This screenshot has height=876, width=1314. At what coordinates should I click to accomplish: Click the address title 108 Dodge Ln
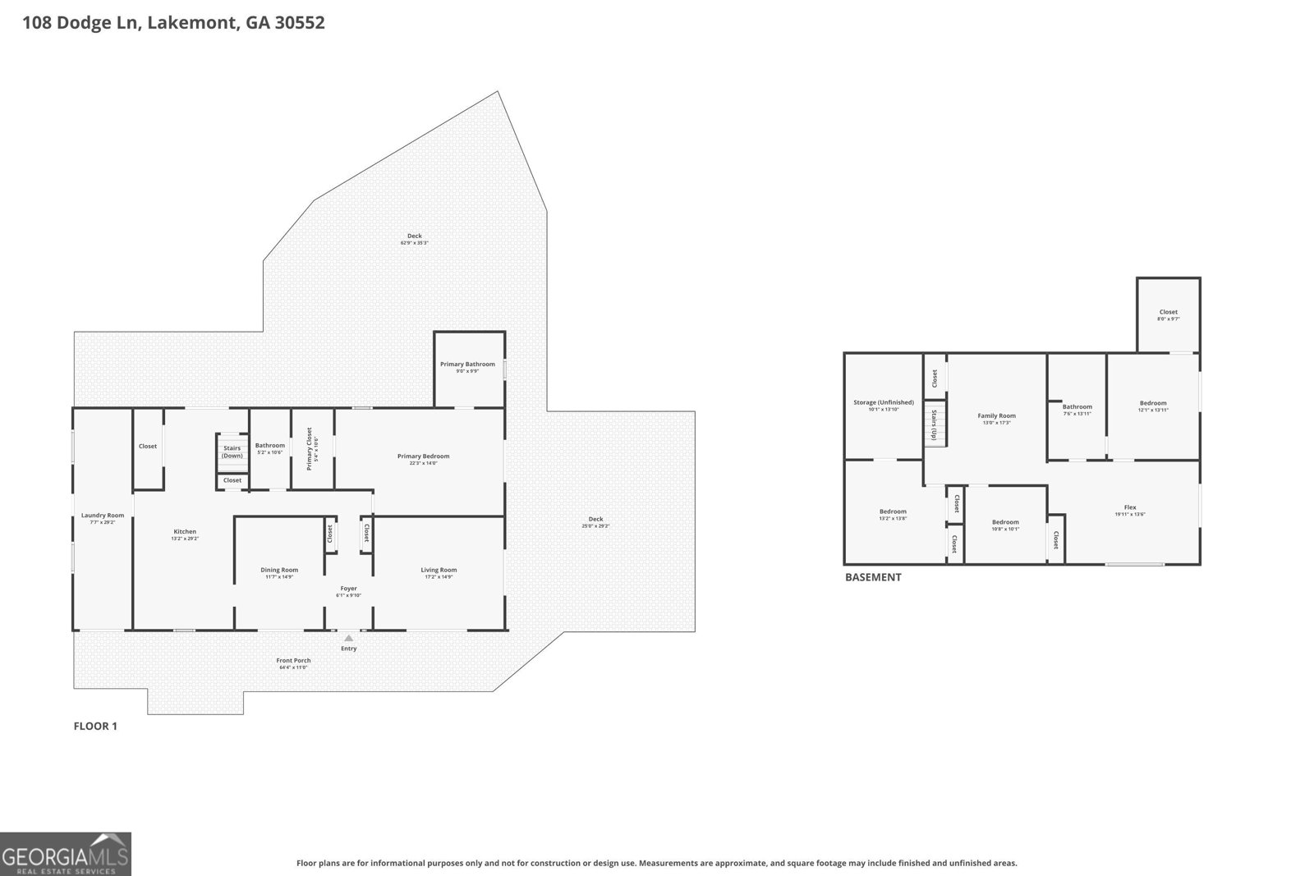[173, 22]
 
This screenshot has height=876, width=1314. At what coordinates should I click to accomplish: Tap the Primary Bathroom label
[467, 365]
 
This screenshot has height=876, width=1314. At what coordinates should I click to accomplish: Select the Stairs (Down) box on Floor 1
[232, 452]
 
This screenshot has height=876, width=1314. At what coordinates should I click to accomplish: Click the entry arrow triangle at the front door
[349, 638]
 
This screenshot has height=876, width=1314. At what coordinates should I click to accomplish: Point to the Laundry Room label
[103, 516]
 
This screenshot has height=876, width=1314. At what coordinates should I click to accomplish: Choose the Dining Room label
[279, 570]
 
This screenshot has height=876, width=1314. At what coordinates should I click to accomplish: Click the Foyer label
[349, 588]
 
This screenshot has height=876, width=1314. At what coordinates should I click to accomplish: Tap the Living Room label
[439, 570]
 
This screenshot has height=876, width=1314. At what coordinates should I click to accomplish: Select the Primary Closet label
[310, 448]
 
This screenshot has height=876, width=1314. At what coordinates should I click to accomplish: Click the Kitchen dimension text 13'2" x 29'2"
[185, 539]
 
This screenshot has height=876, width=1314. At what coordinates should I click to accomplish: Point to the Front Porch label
[293, 660]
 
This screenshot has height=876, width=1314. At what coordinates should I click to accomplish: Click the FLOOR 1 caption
[95, 726]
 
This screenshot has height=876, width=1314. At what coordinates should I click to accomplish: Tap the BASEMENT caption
[873, 577]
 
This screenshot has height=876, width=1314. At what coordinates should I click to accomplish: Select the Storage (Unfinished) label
[883, 402]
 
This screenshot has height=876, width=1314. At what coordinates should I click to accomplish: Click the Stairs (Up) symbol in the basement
[934, 423]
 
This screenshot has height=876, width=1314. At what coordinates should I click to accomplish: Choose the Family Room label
[996, 415]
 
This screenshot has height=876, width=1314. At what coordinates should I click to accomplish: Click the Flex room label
[1130, 507]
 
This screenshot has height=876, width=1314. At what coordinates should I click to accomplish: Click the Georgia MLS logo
[66, 854]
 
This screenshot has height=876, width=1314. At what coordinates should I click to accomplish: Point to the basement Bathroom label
[1077, 406]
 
